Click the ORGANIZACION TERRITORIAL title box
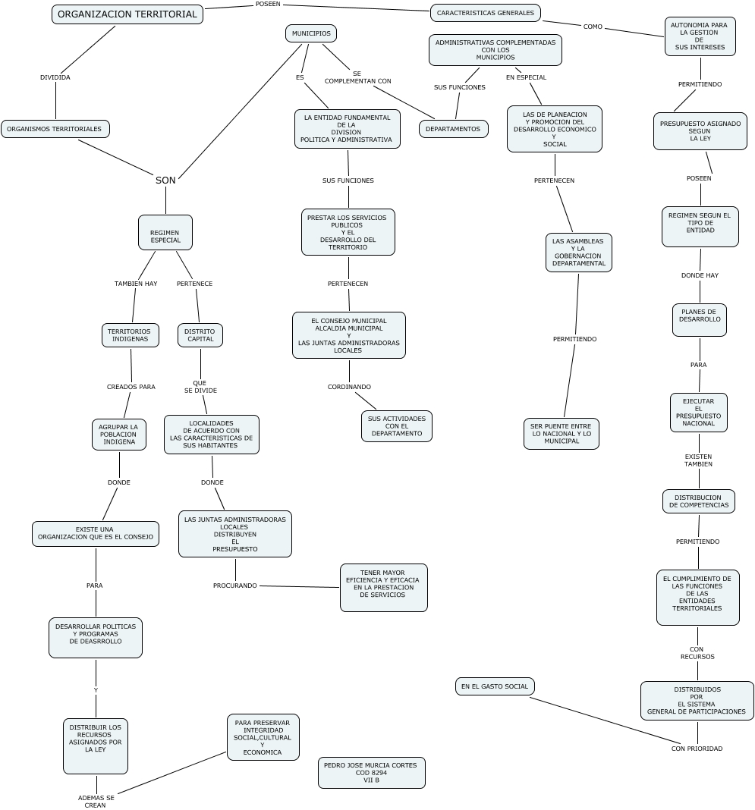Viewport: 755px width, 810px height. tap(127, 14)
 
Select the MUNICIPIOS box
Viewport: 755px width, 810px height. tap(311, 33)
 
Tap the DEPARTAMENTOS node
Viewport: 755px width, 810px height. tap(453, 129)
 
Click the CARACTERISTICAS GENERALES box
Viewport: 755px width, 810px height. tap(486, 13)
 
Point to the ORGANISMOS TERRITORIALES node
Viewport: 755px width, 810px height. tap(55, 129)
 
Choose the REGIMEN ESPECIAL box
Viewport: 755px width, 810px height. tap(165, 232)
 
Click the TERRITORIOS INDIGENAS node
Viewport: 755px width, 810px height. tap(130, 335)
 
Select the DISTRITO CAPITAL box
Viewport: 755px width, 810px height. tap(200, 335)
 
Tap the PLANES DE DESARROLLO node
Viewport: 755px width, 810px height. tap(699, 320)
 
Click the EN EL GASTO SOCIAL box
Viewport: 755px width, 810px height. tap(495, 686)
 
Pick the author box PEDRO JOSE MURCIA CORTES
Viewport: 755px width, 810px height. tap(371, 773)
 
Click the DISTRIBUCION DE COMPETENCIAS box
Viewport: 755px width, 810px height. tap(698, 501)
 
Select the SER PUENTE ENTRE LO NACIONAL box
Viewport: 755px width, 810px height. tap(561, 434)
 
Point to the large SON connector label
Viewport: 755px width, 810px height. tap(165, 181)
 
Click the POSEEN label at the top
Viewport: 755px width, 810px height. tap(268, 5)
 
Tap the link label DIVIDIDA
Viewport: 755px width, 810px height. tap(55, 77)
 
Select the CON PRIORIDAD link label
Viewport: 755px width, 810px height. tap(697, 749)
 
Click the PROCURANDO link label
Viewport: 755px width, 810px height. tap(234, 586)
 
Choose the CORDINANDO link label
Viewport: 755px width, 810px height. tap(349, 387)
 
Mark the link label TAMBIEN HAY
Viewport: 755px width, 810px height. tap(136, 284)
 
